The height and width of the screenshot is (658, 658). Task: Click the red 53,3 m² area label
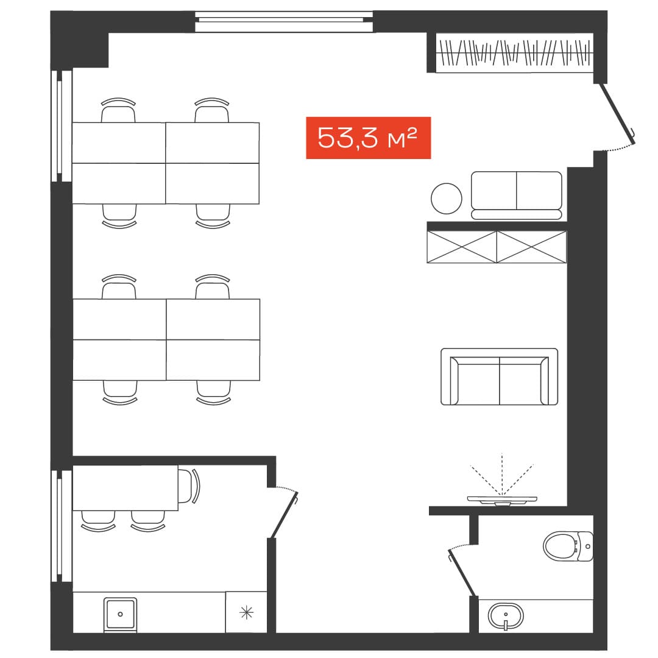coord(368,138)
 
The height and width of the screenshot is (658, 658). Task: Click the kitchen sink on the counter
coord(120,615)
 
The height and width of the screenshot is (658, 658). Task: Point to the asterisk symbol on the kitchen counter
coord(246,613)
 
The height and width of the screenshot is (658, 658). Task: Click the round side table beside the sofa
coord(447,199)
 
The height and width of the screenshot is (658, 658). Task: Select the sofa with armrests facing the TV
coord(500,377)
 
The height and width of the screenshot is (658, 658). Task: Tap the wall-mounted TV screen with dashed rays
coord(502,500)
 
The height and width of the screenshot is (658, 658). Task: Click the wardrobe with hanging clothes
coord(514,53)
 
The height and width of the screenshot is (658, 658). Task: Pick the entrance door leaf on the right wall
coord(618,113)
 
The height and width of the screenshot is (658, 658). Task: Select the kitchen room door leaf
coord(285,515)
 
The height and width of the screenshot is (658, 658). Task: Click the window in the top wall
coord(284,21)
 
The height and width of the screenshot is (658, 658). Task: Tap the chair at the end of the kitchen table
coord(189,486)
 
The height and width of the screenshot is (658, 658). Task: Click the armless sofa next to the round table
coord(517,195)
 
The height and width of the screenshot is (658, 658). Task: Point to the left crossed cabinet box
coord(462,247)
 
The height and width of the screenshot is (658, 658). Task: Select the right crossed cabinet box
coord(532,247)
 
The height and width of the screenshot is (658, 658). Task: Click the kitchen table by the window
coord(126,487)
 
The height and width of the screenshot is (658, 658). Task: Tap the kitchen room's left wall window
coord(62,526)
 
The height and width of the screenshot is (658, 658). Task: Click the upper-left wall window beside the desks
coord(62,126)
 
